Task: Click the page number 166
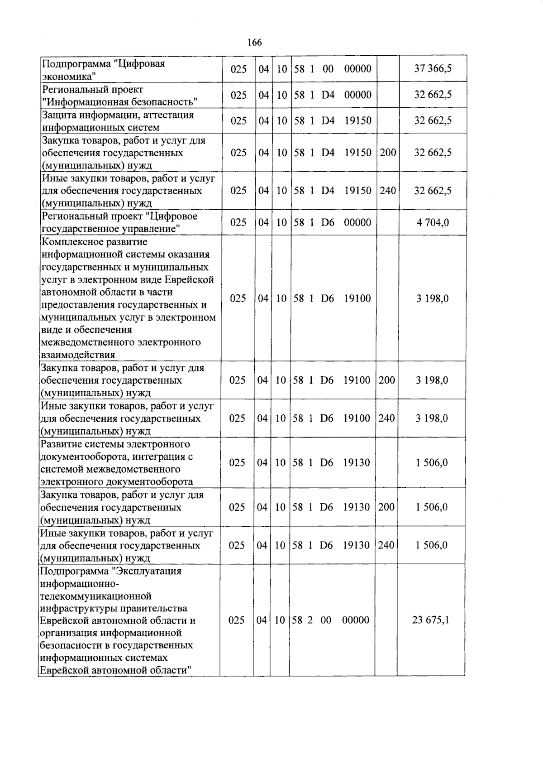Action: pos(255,43)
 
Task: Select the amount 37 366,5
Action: pos(433,69)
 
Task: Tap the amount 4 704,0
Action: pos(433,222)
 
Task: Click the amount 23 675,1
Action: pos(430,620)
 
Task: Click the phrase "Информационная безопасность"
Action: pos(120,101)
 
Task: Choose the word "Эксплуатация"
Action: pos(149,571)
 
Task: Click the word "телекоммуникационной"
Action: pos(95,596)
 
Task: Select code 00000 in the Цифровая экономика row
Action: pos(357,69)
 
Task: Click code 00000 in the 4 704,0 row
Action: pos(357,222)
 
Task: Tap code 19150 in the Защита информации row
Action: pos(357,120)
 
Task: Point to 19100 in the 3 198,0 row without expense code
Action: pos(357,298)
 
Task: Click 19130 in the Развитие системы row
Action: pos(356,462)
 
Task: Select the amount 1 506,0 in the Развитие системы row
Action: pos(432,462)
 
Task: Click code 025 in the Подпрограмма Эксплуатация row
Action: pos(237,620)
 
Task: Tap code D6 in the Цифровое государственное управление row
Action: pos(328,222)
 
